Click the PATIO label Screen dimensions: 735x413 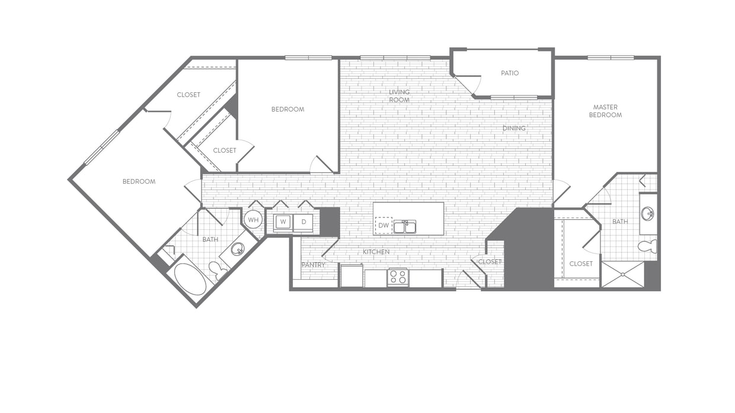pos(510,73)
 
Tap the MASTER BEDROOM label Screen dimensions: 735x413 pos(605,111)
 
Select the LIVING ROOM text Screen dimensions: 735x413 pos(400,96)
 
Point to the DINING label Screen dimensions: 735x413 pos(514,128)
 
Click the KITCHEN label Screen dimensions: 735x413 pos(376,252)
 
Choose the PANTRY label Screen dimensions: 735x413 pos(314,265)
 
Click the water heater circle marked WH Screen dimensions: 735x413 pos(253,220)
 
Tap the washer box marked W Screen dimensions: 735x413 pos(283,222)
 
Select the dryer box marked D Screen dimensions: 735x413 pos(303,222)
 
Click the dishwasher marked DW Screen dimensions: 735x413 pos(384,225)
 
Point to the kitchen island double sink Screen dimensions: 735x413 pos(405,227)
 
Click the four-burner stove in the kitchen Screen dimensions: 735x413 pos(398,277)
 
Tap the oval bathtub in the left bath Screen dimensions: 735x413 pos(190,279)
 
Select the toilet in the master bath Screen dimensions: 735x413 pos(648,246)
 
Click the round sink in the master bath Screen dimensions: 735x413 pos(648,214)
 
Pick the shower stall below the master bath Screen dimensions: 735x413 pos(623,274)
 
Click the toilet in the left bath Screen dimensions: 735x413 pos(218,270)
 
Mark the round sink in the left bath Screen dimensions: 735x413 pos(237,249)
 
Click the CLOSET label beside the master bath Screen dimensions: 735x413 pos(581,264)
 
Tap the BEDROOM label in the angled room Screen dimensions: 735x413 pos(139,181)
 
